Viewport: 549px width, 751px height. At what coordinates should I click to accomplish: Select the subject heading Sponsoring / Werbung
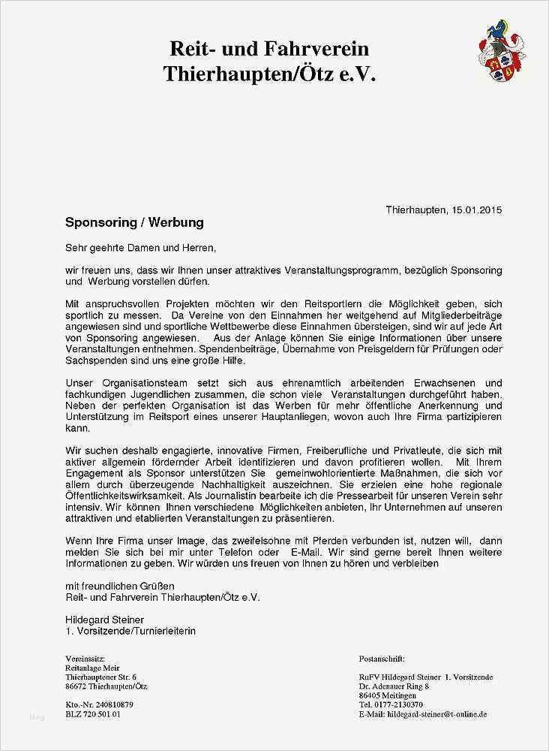point(134,223)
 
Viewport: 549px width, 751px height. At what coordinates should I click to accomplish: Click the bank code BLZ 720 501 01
point(93,714)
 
